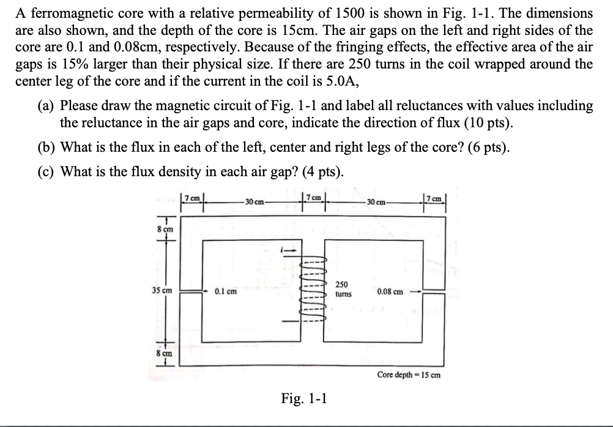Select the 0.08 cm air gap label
pyautogui.click(x=390, y=292)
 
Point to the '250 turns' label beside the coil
pyautogui.click(x=343, y=289)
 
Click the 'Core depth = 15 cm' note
pyautogui.click(x=408, y=374)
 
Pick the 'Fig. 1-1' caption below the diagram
pyautogui.click(x=304, y=399)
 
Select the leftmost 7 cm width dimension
pyautogui.click(x=193, y=197)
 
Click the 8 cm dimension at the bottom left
pyautogui.click(x=163, y=353)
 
